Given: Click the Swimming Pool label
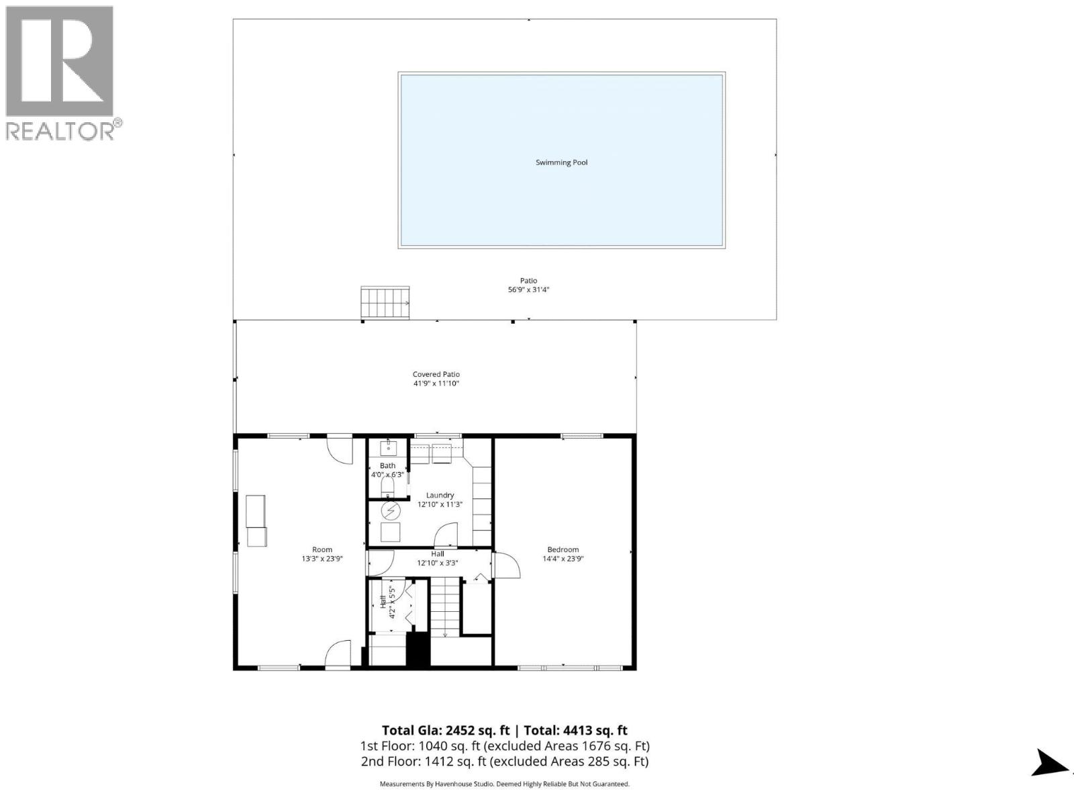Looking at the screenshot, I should pos(561,163).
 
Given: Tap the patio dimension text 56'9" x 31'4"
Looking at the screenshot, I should pos(528,290).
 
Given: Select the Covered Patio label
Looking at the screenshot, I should pos(436,374).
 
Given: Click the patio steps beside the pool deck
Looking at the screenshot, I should pos(385,303).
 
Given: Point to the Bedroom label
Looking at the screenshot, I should pos(563,549).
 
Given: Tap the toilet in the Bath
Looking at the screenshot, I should pos(387,486).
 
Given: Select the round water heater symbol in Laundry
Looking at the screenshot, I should pos(391,510).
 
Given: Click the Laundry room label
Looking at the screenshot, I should pos(440,496).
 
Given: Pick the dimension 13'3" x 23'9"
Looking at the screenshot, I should pos(322,558).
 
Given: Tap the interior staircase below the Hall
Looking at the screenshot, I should pos(444,608).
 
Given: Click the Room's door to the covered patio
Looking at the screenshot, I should pos(340,449).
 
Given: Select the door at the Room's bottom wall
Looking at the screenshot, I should pos(338,654).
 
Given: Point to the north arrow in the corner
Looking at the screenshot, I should pos(1049,762).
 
